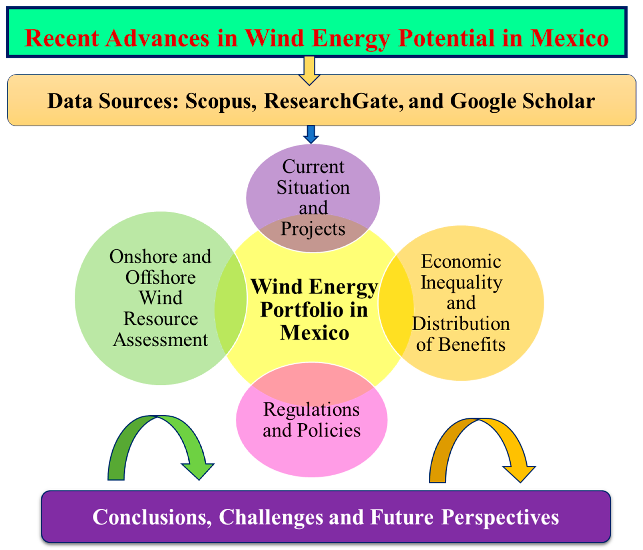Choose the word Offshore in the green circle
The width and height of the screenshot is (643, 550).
pos(160,277)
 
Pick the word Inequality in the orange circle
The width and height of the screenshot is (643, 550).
pos(461,283)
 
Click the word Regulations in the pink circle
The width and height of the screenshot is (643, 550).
pos(311,409)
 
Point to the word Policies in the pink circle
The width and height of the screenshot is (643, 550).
pos(329,430)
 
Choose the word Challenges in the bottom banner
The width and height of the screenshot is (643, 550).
pos(271,517)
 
